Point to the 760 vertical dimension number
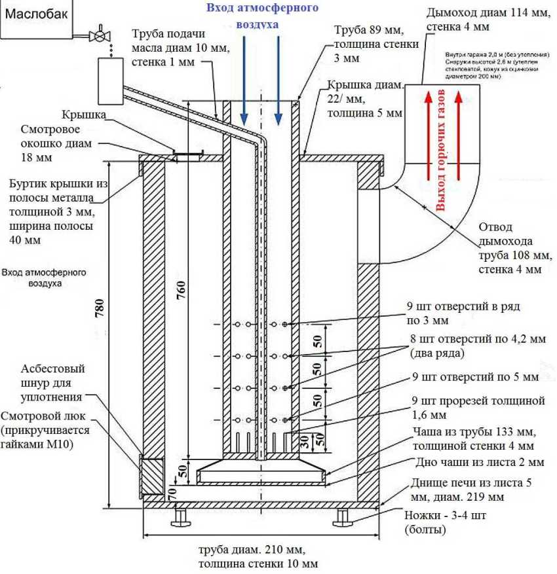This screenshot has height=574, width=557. (x=182, y=290)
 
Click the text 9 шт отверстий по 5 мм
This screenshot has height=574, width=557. (x=475, y=378)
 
